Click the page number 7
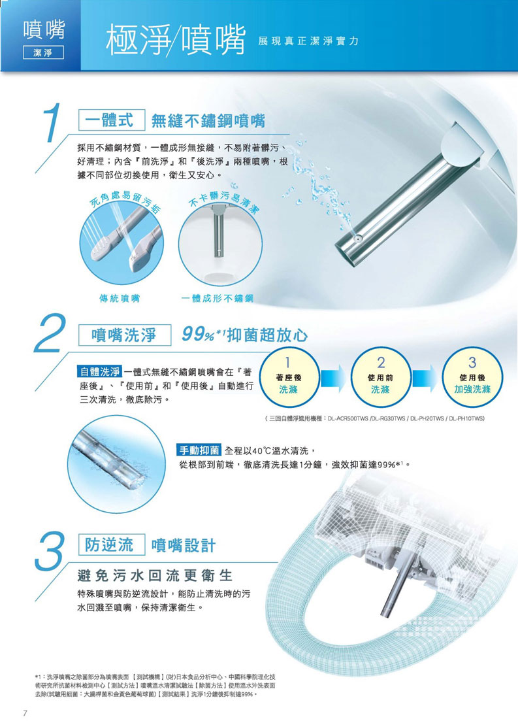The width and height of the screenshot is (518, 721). point(25,713)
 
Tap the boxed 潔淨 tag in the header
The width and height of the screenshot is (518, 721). point(43,53)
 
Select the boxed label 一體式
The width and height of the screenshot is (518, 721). point(112,120)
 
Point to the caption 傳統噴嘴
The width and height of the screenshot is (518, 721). point(120,299)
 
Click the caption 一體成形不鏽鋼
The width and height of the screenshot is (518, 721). point(217,299)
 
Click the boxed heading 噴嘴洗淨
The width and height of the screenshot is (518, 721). point(125,335)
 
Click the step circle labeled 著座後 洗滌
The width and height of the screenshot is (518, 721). point(289,377)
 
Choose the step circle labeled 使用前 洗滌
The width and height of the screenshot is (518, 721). point(381,377)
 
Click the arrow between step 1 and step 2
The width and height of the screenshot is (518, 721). point(333,378)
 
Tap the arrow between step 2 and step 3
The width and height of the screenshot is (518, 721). point(425,378)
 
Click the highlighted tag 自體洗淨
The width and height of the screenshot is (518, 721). point(100,371)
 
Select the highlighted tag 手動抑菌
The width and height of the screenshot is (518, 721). point(199,450)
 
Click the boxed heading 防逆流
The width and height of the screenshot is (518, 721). point(112,545)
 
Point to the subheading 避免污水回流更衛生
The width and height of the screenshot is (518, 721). point(155,575)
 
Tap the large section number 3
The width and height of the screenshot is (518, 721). point(50,549)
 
